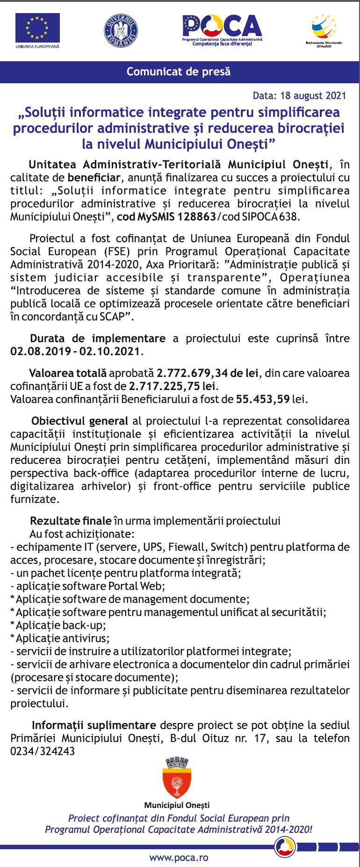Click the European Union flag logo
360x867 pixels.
coord(37,29)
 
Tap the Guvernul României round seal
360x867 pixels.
coord(121,30)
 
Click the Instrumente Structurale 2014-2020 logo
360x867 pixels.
coord(324,28)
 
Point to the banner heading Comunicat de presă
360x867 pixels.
coord(179,72)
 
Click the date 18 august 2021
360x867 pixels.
coord(313,96)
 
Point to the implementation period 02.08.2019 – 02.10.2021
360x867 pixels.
coord(75,352)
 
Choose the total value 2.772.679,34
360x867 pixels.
coord(192,373)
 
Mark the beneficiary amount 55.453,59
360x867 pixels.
coord(263,399)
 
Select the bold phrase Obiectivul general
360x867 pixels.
coord(79,421)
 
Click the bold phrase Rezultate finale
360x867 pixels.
coord(71,521)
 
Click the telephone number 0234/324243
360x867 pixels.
coord(43,751)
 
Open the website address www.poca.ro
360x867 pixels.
coord(179,858)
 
